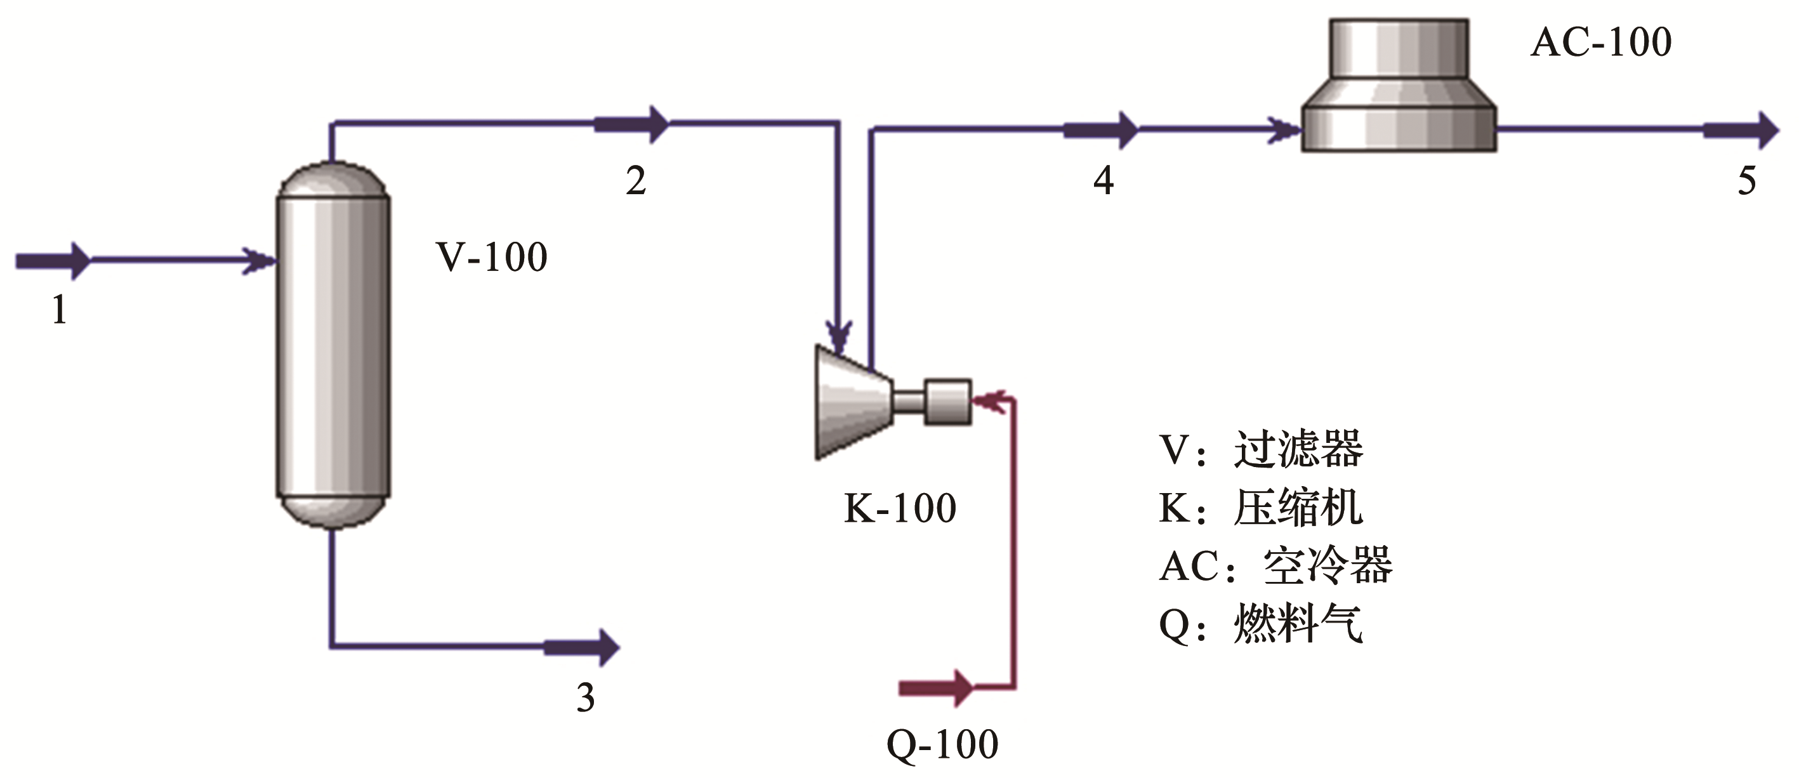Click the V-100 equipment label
pos(492,257)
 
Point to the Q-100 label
pos(942,745)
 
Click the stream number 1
pos(60,310)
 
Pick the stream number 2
pos(635,181)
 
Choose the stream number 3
pos(585,697)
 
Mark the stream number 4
pos(1103,181)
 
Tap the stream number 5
pos(1746,181)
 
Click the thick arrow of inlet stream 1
pos(53,261)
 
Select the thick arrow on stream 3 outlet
pos(581,647)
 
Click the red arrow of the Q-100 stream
pos(935,688)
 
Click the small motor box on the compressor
pos(947,402)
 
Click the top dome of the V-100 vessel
pos(333,180)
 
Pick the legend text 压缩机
pos(1298,508)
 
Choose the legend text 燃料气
pos(1298,623)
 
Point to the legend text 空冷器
pos(1328,565)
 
